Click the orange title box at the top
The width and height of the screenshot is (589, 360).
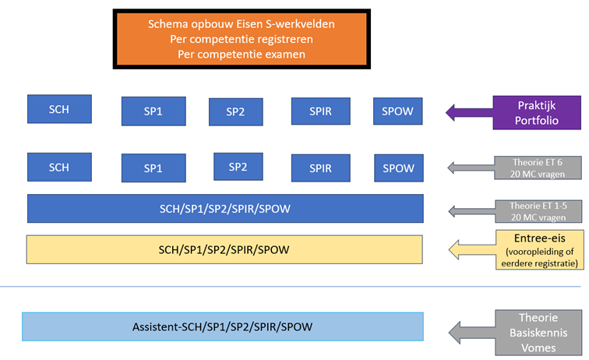click(242, 39)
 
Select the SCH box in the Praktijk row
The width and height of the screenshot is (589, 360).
click(59, 109)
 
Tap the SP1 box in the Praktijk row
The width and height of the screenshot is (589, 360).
click(153, 111)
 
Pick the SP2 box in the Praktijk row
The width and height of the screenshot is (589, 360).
click(236, 111)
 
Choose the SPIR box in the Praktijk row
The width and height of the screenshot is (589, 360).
click(321, 111)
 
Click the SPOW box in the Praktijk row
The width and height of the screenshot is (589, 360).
click(398, 111)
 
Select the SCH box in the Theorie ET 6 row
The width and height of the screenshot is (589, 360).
click(59, 168)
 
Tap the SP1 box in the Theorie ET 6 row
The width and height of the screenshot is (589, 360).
click(153, 168)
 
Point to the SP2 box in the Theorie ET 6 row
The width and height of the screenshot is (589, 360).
click(238, 167)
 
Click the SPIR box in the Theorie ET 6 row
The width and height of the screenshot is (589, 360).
click(321, 168)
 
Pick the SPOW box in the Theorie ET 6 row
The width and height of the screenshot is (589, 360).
click(399, 168)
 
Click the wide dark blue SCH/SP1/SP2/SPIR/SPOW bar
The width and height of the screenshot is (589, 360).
click(225, 209)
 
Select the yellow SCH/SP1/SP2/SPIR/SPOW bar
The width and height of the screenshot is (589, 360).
click(224, 249)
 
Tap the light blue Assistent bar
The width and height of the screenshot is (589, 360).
click(223, 326)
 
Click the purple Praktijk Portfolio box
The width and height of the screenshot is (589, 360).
click(537, 113)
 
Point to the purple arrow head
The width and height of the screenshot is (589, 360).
click(450, 112)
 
